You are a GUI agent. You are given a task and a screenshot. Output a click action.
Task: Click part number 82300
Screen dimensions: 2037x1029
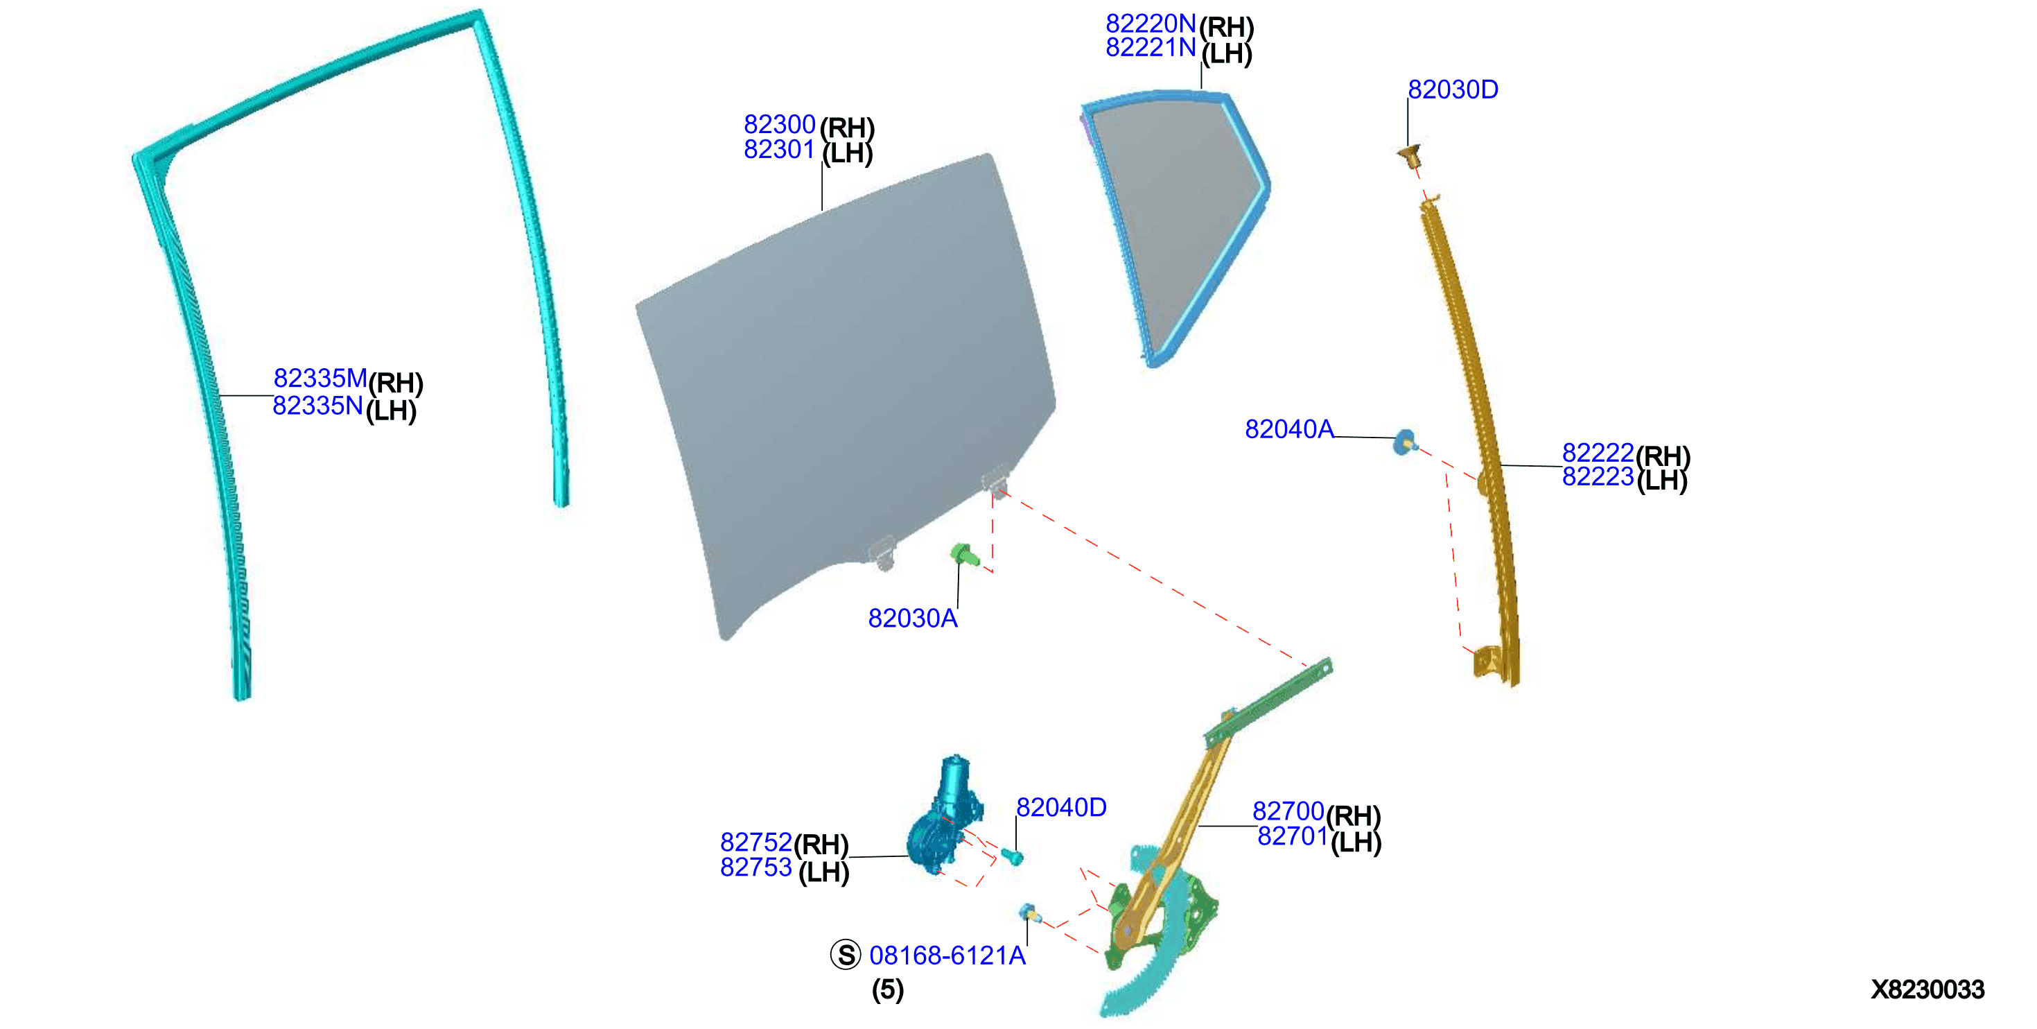tap(779, 124)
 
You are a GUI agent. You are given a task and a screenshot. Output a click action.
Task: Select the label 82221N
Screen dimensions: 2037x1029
tap(1151, 49)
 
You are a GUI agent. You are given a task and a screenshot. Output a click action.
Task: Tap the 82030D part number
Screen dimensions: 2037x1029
tap(1453, 89)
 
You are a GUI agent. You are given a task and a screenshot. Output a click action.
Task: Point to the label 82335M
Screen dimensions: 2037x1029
tap(320, 378)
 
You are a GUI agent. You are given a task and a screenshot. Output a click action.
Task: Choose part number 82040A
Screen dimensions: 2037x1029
tap(1289, 429)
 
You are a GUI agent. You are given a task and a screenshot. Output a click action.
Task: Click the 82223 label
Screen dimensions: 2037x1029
tap(1598, 476)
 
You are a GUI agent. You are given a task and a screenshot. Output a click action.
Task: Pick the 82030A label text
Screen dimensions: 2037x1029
tap(913, 618)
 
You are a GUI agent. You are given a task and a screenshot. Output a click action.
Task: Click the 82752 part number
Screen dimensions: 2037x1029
tap(755, 842)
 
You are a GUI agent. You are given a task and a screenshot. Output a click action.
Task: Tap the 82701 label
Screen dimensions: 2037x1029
tap(1292, 836)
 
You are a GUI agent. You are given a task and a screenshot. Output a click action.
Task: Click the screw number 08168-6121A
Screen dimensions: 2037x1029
tap(947, 955)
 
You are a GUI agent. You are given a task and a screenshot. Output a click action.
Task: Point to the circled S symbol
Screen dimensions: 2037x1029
tap(846, 955)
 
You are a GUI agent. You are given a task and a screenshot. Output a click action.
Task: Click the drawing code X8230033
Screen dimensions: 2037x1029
tap(1927, 989)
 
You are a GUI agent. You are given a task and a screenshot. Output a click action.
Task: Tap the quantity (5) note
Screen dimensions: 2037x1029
tap(887, 989)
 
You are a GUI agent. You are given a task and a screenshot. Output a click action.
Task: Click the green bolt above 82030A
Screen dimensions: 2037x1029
tap(965, 555)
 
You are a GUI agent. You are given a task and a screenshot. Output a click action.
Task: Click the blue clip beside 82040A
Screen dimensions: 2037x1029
tap(1404, 442)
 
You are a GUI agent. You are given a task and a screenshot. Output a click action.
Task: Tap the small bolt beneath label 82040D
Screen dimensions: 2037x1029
tap(1012, 856)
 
